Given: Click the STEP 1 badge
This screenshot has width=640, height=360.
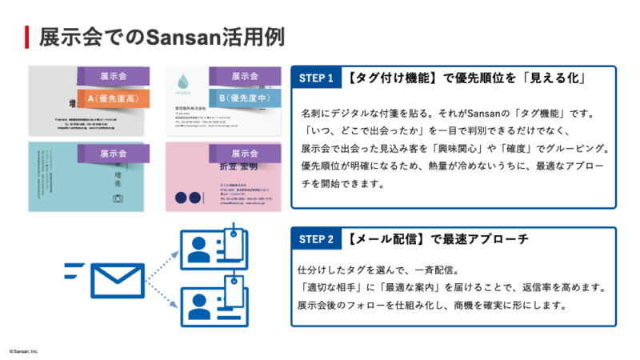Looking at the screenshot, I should [x=316, y=78].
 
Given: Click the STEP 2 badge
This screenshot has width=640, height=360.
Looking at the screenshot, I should [x=316, y=239].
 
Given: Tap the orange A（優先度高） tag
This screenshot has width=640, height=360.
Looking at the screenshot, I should [x=112, y=98].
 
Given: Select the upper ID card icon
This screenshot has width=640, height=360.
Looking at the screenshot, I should [x=210, y=249].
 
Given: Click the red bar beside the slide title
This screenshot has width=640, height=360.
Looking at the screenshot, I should [x=27, y=37].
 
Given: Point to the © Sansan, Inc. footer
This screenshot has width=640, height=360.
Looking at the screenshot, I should [x=23, y=351].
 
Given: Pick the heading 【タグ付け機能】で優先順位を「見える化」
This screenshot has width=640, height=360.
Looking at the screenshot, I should [x=469, y=78].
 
